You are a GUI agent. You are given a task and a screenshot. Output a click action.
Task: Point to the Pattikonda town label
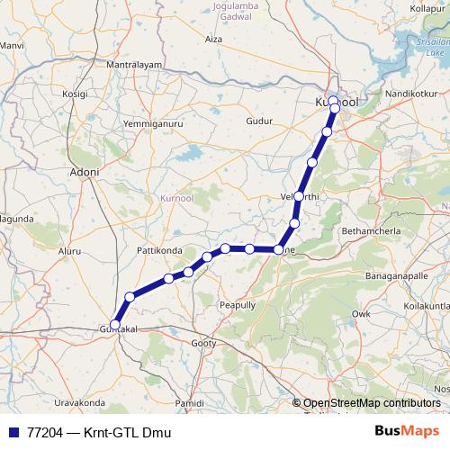(x=158, y=248)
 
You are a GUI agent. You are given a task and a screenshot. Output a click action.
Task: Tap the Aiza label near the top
(x=213, y=40)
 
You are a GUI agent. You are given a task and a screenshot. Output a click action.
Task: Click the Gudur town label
(x=258, y=121)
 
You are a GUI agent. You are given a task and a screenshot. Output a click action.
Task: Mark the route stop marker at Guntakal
(x=114, y=325)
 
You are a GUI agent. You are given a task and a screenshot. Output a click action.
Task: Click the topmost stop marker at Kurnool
(x=333, y=101)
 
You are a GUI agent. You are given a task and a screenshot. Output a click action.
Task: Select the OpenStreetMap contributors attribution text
(x=372, y=403)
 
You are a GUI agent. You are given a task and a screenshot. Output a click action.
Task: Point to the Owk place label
(x=361, y=313)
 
